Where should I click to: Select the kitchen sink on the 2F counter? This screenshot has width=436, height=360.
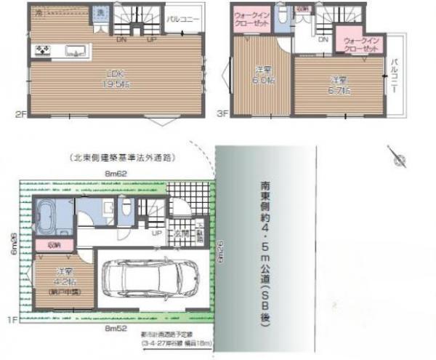[75, 52]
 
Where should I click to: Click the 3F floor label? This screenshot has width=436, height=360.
[223, 113]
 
